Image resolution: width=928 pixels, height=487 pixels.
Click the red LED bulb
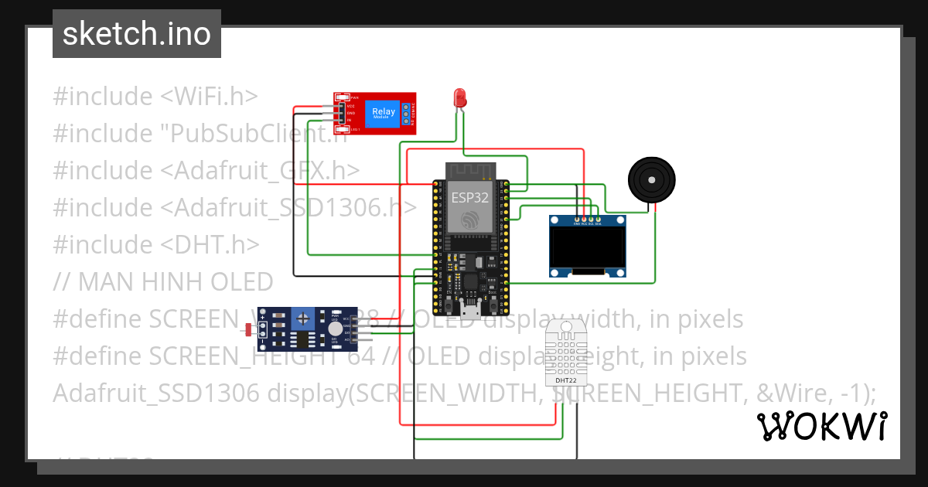459,97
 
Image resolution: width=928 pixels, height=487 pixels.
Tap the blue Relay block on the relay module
384,113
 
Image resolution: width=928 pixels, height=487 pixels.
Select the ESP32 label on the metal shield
470,197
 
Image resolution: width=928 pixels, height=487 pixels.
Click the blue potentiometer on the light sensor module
302,316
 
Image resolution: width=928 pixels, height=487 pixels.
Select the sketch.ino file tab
137,34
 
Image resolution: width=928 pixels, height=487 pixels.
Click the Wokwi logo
821,426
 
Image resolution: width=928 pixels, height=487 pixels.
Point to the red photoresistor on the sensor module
248,331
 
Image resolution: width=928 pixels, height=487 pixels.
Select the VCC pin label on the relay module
350,105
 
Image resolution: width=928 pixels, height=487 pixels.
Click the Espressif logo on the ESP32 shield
469,221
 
